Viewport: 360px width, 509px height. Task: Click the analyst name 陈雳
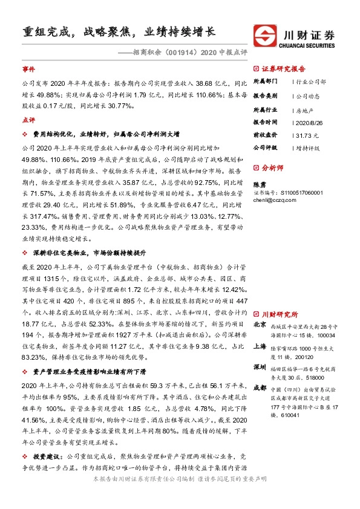point(259,184)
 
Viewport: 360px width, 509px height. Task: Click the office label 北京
point(260,325)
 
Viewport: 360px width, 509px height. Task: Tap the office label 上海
point(260,346)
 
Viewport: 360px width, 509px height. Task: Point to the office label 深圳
point(260,368)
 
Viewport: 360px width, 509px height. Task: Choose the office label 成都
point(260,389)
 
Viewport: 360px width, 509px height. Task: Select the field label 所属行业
point(264,109)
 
